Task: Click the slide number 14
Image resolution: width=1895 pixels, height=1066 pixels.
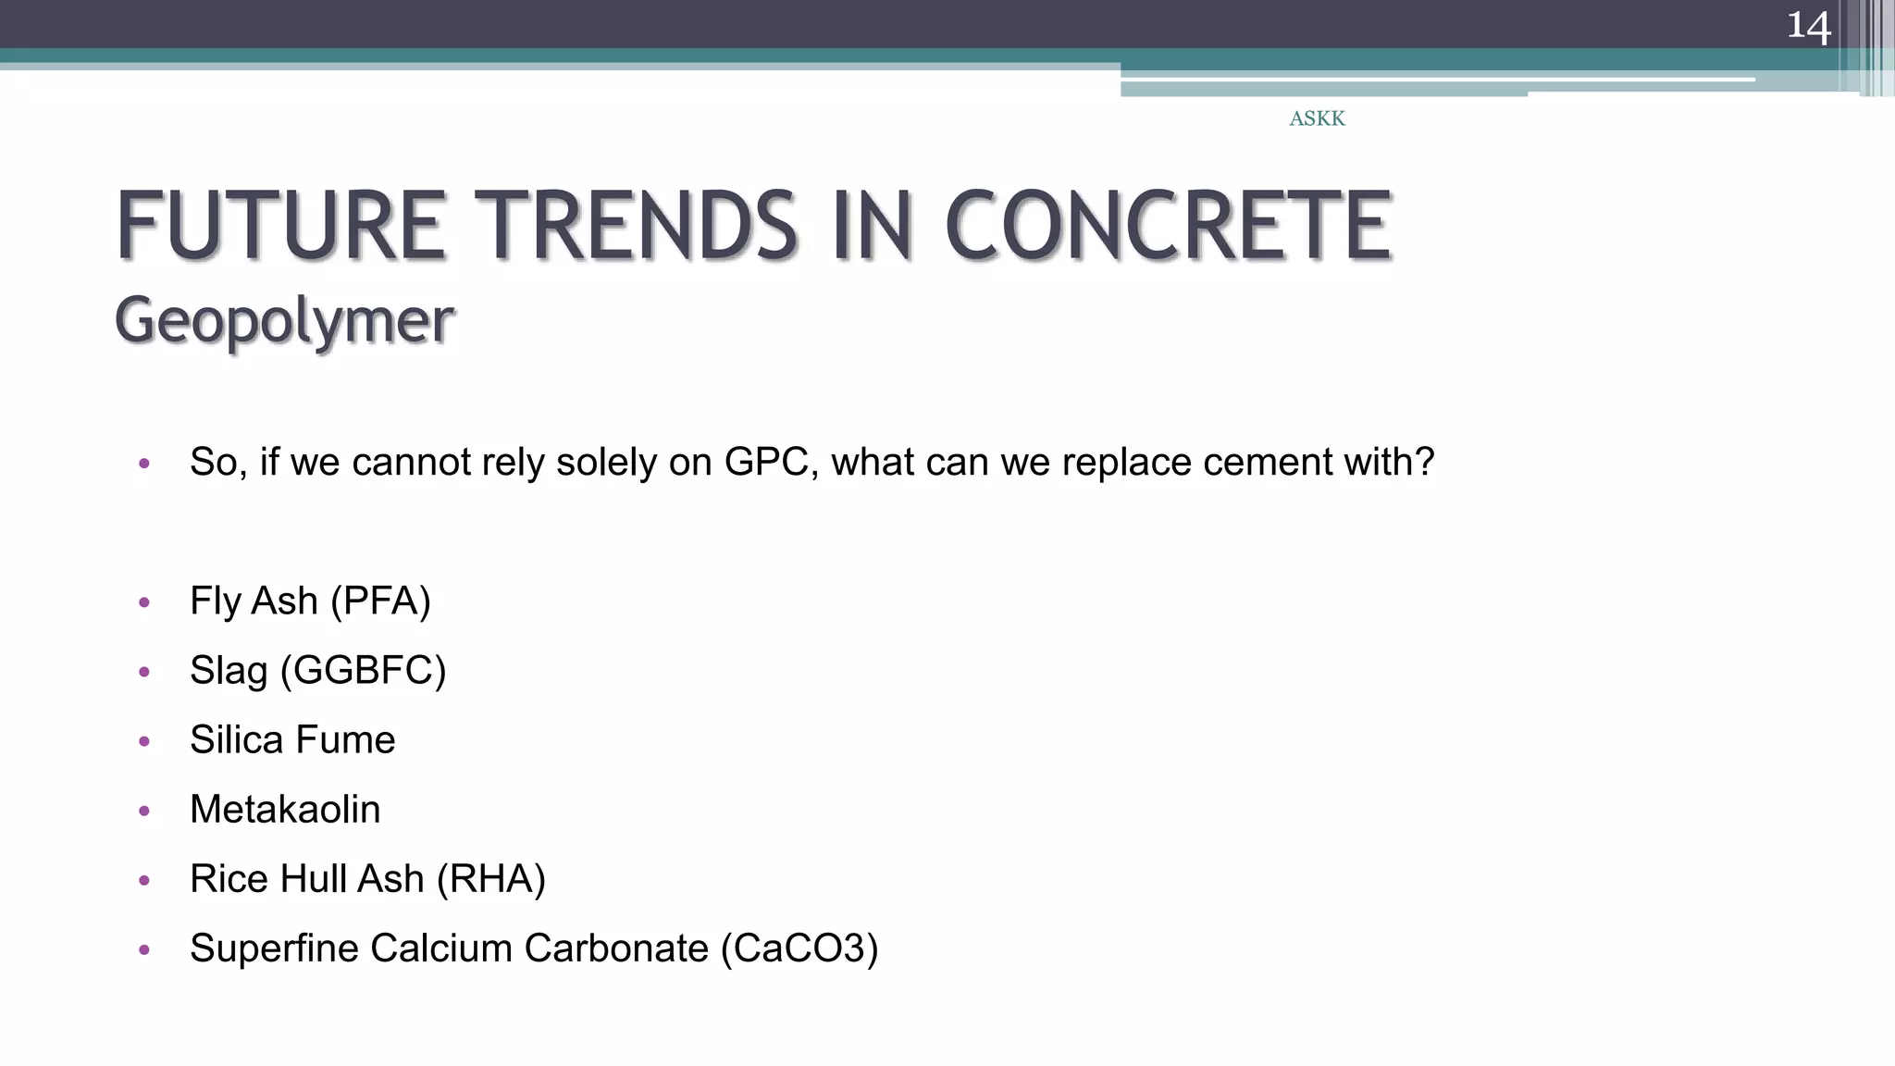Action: (1808, 26)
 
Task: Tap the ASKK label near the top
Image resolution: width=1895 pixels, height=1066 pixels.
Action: (1317, 118)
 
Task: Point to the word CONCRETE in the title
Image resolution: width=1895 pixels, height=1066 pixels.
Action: (1168, 226)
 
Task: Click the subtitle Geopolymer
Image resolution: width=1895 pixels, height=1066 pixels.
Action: (284, 320)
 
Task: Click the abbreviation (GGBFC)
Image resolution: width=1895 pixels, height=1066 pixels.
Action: (363, 671)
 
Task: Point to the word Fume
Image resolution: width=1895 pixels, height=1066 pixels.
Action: (345, 740)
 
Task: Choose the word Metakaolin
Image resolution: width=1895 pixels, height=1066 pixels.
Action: (285, 810)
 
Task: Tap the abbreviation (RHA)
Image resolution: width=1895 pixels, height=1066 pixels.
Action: (490, 879)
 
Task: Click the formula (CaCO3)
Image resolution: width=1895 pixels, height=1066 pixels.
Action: (799, 948)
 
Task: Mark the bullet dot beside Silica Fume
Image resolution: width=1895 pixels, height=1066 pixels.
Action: (143, 741)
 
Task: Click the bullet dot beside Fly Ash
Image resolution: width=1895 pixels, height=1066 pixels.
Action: (143, 602)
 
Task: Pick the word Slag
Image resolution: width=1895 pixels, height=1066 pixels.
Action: (229, 671)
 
